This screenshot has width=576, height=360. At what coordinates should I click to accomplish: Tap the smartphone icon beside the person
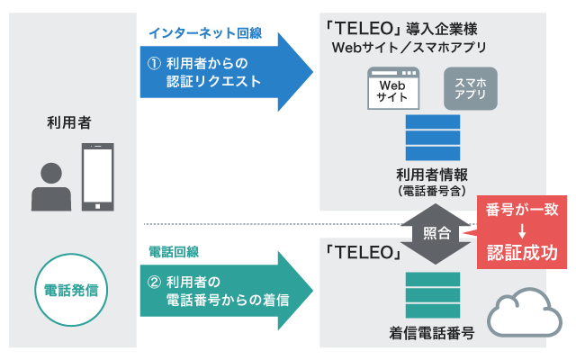point(98,177)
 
